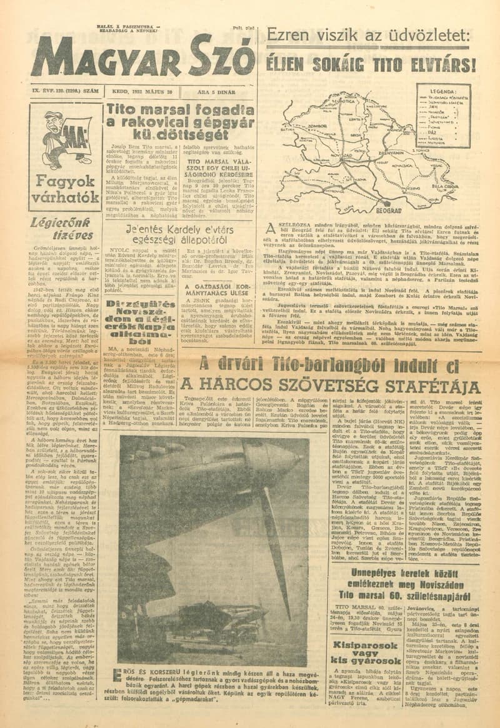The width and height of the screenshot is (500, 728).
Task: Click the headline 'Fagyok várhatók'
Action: click(x=65, y=191)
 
